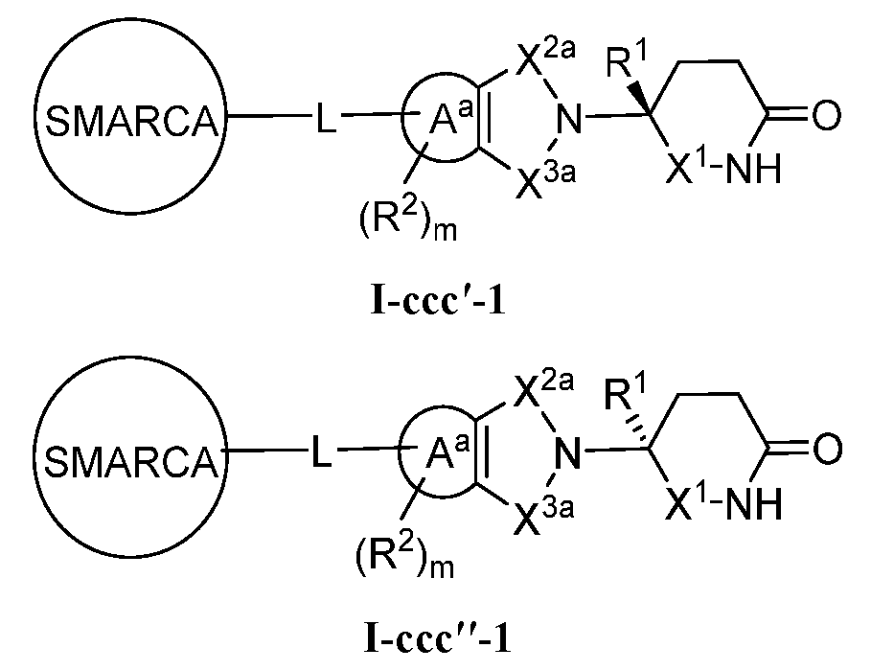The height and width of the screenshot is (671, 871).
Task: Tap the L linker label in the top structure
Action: (326, 123)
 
